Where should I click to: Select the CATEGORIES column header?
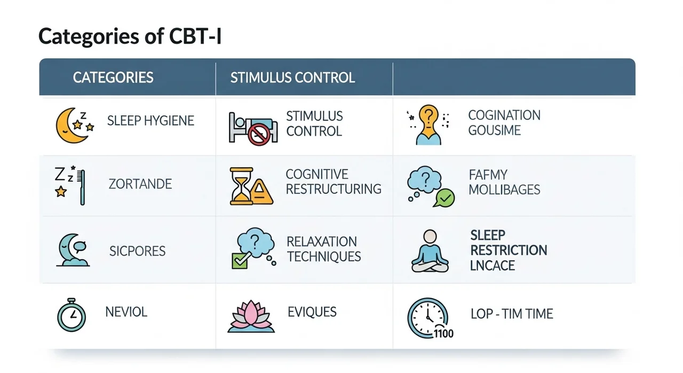pos(113,77)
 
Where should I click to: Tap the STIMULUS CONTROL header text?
pos(292,77)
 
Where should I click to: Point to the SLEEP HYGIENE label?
pos(150,121)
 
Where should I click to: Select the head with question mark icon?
pos(428,125)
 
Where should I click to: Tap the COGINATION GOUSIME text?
pos(496,122)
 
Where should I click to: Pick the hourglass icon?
pos(242,186)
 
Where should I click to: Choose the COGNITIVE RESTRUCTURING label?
pos(333,182)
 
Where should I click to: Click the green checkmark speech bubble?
pos(444,199)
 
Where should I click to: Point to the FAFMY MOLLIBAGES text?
pos(504,182)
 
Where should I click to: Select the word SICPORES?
pos(137,251)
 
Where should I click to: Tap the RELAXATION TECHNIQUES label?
pos(323,249)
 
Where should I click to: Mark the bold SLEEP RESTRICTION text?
pos(508,243)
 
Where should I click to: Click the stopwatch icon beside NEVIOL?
pos(72,315)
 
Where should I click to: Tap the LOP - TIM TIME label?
pos(511,314)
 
